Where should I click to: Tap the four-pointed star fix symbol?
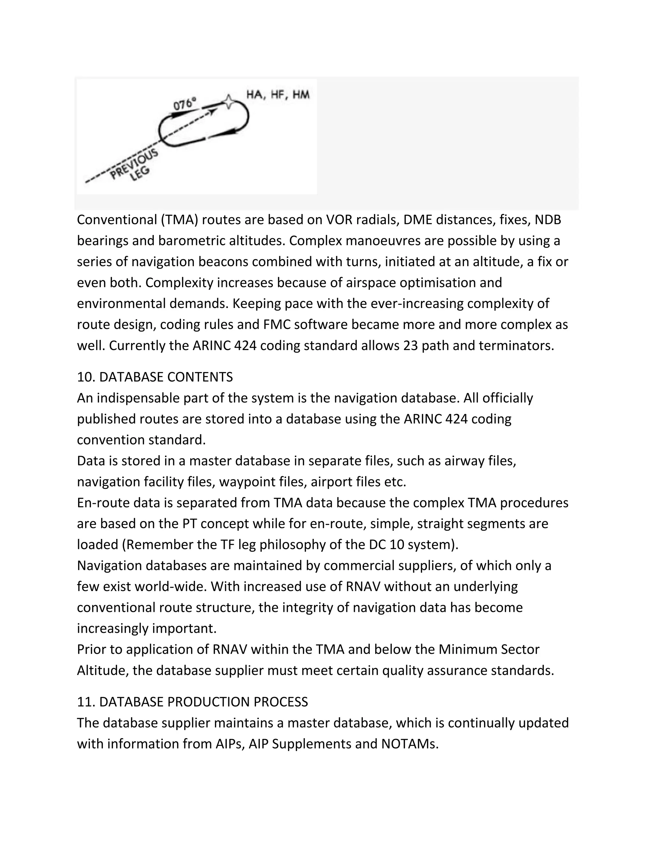[229, 102]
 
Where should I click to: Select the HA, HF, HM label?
[278, 95]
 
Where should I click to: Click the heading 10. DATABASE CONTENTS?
[155, 377]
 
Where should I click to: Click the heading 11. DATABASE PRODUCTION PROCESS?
[192, 702]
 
